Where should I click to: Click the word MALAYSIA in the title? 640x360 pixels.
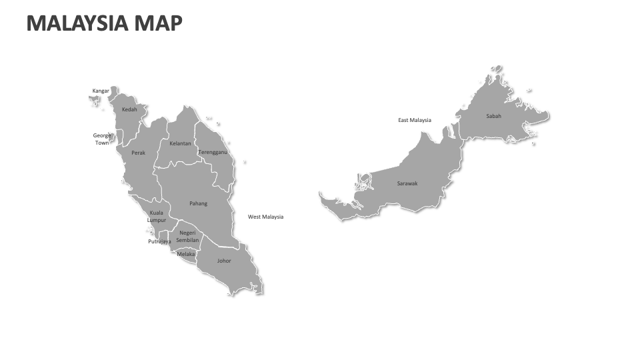click(77, 23)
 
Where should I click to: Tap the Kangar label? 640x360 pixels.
click(101, 91)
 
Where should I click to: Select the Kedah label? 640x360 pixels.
click(129, 109)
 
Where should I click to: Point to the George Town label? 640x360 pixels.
click(102, 139)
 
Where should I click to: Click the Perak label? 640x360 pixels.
click(138, 153)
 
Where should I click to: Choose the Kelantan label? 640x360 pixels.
click(180, 143)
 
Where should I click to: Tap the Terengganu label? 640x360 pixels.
click(213, 152)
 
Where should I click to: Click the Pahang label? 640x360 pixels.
click(198, 203)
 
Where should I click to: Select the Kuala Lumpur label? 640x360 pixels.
click(157, 216)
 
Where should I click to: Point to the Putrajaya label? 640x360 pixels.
click(159, 241)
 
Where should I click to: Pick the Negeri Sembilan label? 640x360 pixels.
click(187, 236)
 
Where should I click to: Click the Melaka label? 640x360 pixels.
click(186, 254)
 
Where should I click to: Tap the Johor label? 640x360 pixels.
click(224, 261)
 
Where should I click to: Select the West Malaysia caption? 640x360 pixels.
click(265, 217)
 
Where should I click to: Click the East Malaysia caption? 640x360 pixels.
click(415, 120)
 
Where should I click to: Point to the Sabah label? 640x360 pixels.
click(493, 116)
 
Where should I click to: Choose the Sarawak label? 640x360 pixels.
click(407, 183)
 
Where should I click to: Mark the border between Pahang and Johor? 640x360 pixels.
click(220, 241)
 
